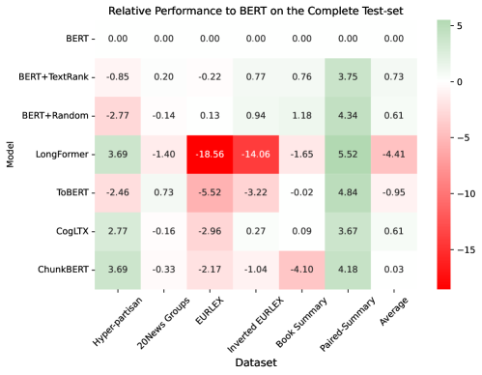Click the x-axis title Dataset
tap(254, 363)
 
